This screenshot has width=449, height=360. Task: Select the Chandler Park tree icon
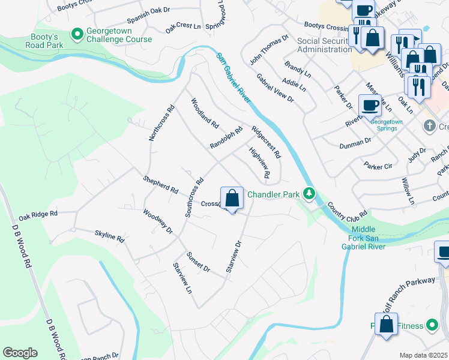click(x=309, y=194)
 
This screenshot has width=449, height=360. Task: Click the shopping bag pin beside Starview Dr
click(x=232, y=199)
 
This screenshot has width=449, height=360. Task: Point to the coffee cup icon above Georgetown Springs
click(x=370, y=106)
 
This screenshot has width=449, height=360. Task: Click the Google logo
click(x=20, y=353)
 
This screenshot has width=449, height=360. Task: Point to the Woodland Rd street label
click(x=204, y=112)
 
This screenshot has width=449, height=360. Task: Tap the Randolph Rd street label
click(x=226, y=137)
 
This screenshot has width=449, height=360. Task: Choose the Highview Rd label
click(x=259, y=164)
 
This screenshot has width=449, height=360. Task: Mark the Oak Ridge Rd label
click(x=38, y=214)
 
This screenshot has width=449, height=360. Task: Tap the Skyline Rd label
click(x=109, y=235)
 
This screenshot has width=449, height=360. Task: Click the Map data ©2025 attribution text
click(x=423, y=355)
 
